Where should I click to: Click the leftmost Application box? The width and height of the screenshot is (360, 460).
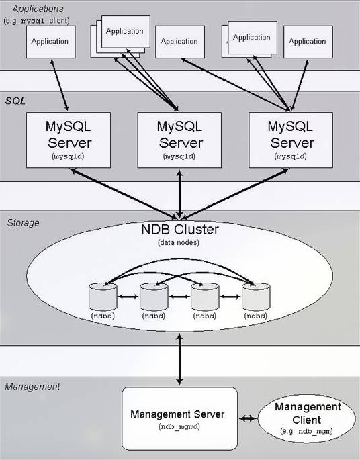tap(51, 42)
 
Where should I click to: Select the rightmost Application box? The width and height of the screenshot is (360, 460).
tap(308, 42)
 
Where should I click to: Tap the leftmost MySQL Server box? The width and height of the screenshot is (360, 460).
tap(69, 140)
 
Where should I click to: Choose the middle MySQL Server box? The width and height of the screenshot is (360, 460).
tap(179, 140)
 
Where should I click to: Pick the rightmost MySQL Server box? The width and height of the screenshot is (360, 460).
tap(291, 140)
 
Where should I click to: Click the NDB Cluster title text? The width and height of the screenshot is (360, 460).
tap(180, 230)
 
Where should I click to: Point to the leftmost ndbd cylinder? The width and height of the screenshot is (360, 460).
tap(103, 297)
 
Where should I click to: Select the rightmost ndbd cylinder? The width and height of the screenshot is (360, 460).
tap(256, 297)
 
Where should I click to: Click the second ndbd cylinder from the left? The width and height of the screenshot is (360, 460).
tap(154, 297)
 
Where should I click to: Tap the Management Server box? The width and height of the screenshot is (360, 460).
tap(179, 418)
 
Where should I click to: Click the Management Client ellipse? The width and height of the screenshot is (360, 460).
tap(306, 418)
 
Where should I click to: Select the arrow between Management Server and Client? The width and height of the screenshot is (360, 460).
tap(248, 418)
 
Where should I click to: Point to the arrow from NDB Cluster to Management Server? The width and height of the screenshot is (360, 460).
tap(179, 359)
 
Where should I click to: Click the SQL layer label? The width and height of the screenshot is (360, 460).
tap(15, 101)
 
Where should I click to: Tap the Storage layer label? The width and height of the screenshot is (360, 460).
tap(24, 223)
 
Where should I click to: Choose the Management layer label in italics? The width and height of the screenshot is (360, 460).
tap(32, 387)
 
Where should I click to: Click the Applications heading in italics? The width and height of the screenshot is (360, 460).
tap(38, 9)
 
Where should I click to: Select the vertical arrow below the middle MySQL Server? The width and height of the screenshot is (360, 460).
tap(179, 194)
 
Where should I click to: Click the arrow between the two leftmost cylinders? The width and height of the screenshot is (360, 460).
tap(128, 297)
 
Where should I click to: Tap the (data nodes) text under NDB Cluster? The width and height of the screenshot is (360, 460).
tap(179, 242)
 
